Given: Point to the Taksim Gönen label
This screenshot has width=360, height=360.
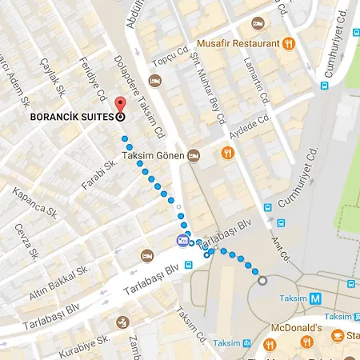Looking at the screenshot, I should pyautogui.click(x=152, y=154).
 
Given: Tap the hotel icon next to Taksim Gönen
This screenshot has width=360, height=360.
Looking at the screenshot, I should pyautogui.click(x=193, y=154).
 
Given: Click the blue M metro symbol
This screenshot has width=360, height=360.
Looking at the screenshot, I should pyautogui.click(x=317, y=298).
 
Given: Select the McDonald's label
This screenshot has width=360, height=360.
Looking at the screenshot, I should pyautogui.click(x=294, y=328).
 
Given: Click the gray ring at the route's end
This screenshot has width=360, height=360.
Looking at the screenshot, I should pyautogui.click(x=262, y=280).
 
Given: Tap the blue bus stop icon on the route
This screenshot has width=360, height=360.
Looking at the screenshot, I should pyautogui.click(x=184, y=240).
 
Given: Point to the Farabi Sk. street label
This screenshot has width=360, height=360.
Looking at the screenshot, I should pyautogui.click(x=99, y=174).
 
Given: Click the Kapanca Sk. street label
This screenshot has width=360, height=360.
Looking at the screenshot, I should pyautogui.click(x=34, y=205).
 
